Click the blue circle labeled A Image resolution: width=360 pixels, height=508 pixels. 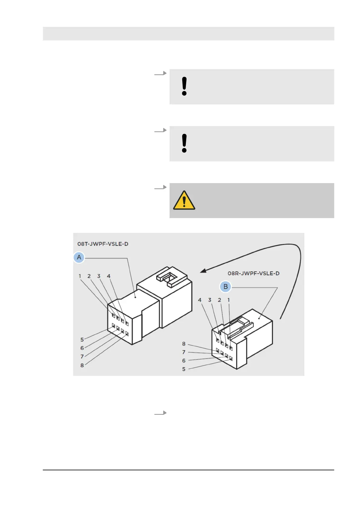pyautogui.click(x=79, y=257)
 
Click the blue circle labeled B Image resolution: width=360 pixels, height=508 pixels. pyautogui.click(x=225, y=287)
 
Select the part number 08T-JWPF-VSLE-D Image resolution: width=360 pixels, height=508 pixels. pyautogui.click(x=103, y=244)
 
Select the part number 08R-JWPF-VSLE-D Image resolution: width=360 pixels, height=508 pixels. pyautogui.click(x=253, y=273)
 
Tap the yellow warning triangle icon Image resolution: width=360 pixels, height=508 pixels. pyautogui.click(x=184, y=200)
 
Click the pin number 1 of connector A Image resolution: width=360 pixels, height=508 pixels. pyautogui.click(x=80, y=276)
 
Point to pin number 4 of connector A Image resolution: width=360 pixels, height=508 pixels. pyautogui.click(x=109, y=276)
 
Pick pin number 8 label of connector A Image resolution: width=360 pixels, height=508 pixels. pyautogui.click(x=82, y=365)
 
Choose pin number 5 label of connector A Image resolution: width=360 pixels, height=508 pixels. pyautogui.click(x=82, y=339)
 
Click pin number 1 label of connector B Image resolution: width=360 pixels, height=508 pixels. pyautogui.click(x=229, y=300)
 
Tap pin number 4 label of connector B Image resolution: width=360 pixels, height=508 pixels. pyautogui.click(x=199, y=300)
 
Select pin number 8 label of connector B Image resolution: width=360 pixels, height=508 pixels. pyautogui.click(x=184, y=344)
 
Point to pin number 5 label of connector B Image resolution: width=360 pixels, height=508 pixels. pyautogui.click(x=184, y=369)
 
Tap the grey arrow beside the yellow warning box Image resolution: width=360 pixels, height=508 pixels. pyautogui.click(x=160, y=188)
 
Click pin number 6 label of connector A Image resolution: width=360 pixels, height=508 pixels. pyautogui.click(x=82, y=348)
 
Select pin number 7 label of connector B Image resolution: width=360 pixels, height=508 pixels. pyautogui.click(x=184, y=352)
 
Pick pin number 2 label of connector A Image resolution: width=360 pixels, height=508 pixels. pyautogui.click(x=89, y=276)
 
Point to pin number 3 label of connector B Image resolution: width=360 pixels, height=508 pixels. pyautogui.click(x=209, y=300)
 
